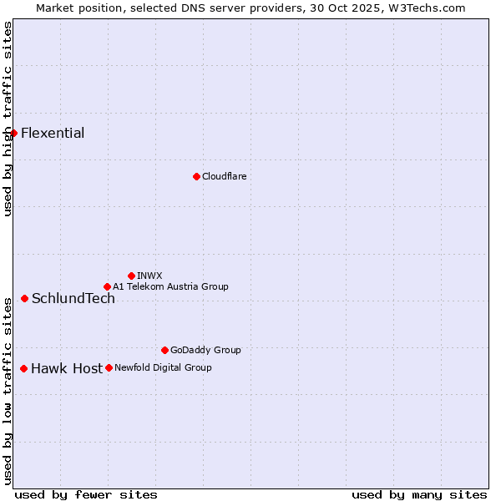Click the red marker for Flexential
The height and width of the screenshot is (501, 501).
13,133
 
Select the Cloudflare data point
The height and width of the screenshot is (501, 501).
196,176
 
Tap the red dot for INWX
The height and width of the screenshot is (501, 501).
131,276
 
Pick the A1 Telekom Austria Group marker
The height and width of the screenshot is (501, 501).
107,286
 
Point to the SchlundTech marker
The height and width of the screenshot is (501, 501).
24,298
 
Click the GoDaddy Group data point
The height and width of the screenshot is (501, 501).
164,350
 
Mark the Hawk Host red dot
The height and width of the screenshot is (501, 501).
23,368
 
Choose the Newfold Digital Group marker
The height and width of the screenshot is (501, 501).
109,367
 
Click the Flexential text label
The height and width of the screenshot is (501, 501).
53,134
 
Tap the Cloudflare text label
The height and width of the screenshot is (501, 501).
224,176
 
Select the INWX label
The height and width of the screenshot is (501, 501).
149,276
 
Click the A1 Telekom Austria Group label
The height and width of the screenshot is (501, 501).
170,286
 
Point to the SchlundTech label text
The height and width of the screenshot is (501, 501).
73,299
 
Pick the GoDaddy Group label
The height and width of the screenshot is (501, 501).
205,350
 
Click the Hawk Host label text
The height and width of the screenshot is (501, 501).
67,369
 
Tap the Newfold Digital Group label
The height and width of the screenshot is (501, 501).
163,367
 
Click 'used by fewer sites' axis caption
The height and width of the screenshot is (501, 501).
86,494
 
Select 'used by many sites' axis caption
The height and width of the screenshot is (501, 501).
419,494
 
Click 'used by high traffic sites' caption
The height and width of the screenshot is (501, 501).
8,119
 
